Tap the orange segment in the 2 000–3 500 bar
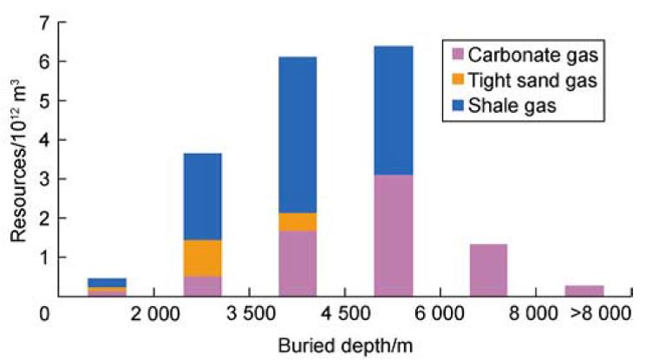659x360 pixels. coord(203,259)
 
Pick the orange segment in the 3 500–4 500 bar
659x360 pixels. coord(298,222)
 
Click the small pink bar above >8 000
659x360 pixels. coord(584,291)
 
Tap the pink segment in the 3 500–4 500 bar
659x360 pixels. coord(298,264)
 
